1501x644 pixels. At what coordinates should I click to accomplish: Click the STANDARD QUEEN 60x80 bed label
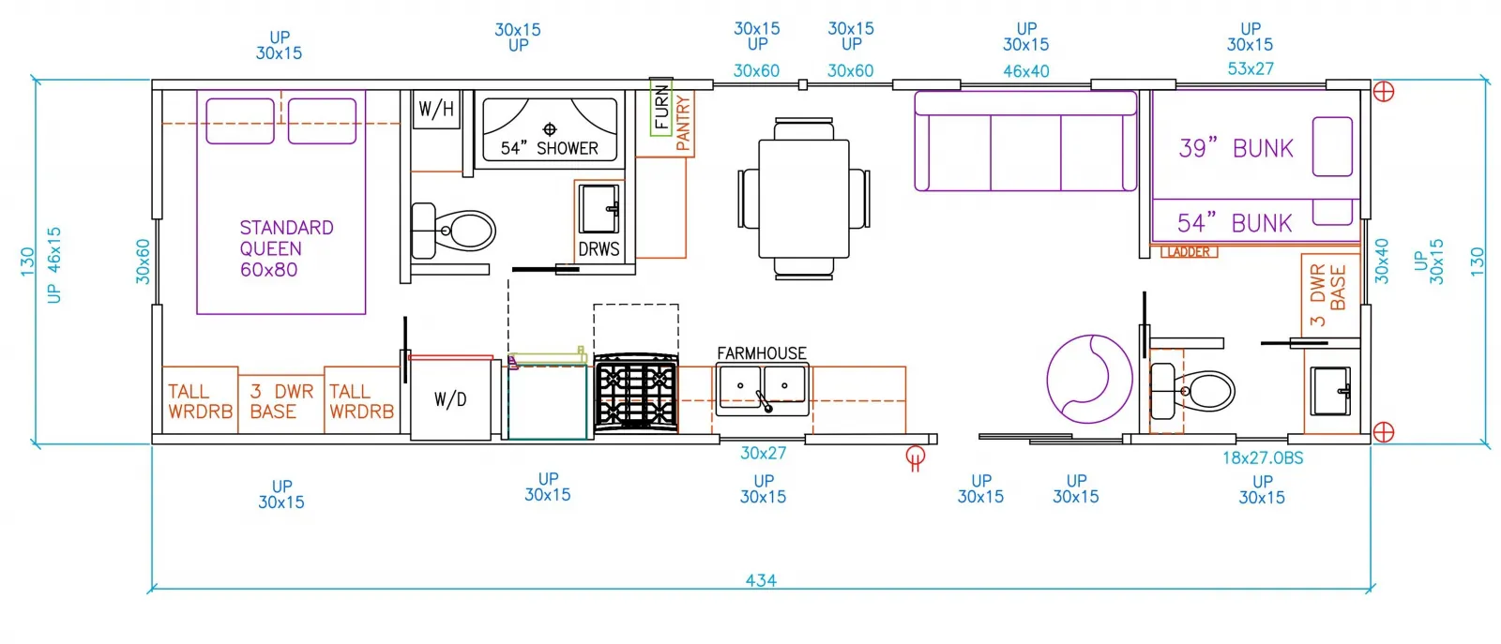287,248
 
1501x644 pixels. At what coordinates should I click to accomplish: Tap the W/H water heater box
436,109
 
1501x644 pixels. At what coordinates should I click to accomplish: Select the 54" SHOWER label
550,149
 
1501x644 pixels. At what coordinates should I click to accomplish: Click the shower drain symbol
550,129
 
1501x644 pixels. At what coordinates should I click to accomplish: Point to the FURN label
661,107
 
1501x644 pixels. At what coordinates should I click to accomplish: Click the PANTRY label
683,123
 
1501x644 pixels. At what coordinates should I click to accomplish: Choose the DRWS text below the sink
599,249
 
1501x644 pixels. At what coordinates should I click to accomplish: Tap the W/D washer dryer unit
450,399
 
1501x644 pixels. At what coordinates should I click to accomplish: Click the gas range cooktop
636,393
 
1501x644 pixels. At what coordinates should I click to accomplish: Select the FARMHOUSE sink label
762,352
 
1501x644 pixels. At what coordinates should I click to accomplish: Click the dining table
803,199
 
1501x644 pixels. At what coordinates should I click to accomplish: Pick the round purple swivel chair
1089,379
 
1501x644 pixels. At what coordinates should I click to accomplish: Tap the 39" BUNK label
1236,149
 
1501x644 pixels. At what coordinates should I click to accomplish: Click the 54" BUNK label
1235,224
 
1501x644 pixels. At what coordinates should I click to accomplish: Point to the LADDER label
1189,252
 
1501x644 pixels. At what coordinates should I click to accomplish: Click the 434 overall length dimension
761,580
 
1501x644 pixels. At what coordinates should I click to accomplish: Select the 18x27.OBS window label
1263,457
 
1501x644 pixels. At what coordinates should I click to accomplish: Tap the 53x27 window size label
1251,68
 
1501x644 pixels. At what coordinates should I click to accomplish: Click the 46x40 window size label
1026,71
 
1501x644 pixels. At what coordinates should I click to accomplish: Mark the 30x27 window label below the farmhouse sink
764,453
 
